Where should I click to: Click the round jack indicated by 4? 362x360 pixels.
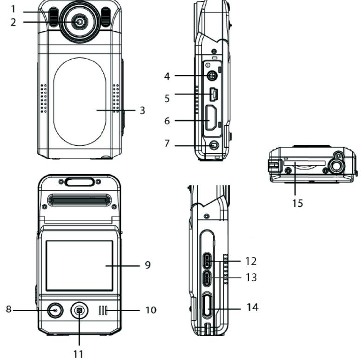click(213, 76)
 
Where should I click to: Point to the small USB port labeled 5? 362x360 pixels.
click(213, 95)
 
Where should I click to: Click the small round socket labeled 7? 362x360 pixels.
click(213, 145)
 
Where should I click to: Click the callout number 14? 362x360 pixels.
click(253, 307)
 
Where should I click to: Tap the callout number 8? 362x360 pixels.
click(8, 310)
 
